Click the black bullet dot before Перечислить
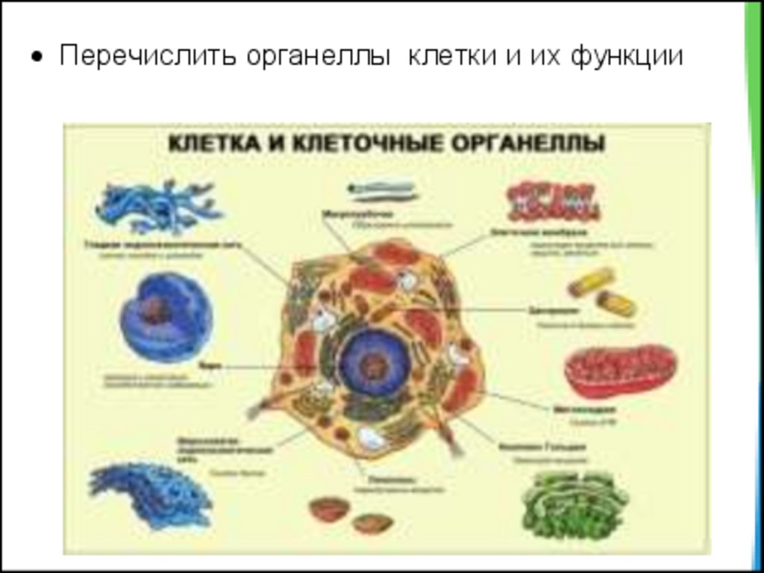pyautogui.click(x=35, y=59)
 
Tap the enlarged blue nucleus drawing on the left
pyautogui.click(x=166, y=317)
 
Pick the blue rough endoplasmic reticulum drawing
pyautogui.click(x=149, y=493)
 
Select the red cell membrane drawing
pyautogui.click(x=553, y=201)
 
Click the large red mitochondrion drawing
pyautogui.click(x=619, y=370)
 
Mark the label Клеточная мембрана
pyautogui.click(x=522, y=232)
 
